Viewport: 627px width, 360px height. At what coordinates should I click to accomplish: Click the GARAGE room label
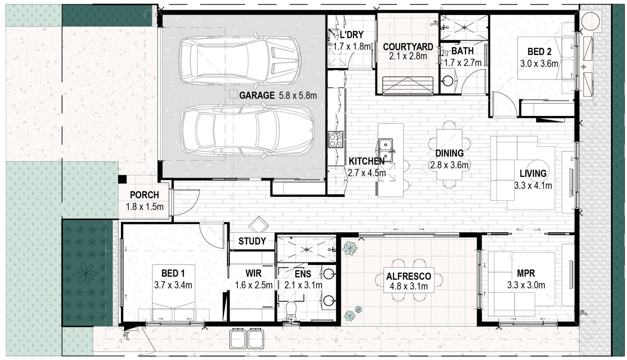coord(257,95)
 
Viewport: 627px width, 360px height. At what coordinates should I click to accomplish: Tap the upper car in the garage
coord(240,60)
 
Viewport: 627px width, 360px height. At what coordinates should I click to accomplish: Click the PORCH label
coord(144,195)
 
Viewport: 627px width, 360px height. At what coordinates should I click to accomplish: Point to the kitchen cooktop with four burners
coord(336,139)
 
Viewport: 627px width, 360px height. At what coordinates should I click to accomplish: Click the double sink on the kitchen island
coord(386,150)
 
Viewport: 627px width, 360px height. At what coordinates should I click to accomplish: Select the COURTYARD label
coord(408,47)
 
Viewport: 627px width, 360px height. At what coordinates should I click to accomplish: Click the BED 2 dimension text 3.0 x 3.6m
coord(539,63)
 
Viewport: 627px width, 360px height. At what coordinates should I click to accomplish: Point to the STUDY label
coord(252,241)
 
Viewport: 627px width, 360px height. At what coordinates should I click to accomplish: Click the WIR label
coord(253,273)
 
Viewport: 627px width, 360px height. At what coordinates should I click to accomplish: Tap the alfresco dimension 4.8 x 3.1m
coord(409,286)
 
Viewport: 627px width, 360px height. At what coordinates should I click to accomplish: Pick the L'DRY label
coord(351,35)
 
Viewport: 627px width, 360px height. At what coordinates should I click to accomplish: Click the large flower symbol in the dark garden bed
coord(86,272)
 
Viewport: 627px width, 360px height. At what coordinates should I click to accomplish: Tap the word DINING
coord(449,153)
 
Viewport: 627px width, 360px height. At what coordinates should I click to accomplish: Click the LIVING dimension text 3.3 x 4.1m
coord(533,186)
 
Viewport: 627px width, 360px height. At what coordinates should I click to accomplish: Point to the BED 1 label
coord(173,273)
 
